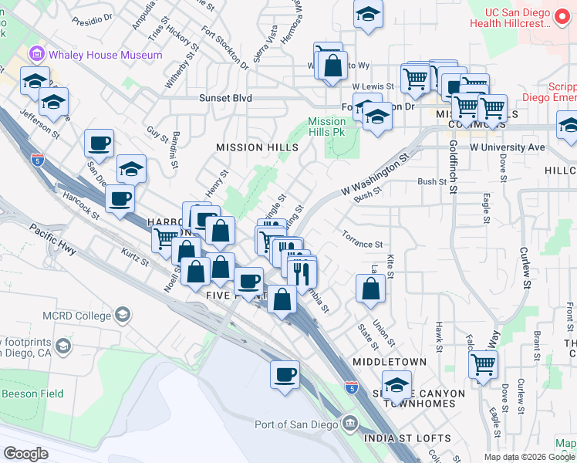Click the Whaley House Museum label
106,55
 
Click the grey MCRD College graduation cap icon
123,315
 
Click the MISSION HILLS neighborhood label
257,147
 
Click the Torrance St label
363,244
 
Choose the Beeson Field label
32,394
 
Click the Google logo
25,454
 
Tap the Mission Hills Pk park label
327,127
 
